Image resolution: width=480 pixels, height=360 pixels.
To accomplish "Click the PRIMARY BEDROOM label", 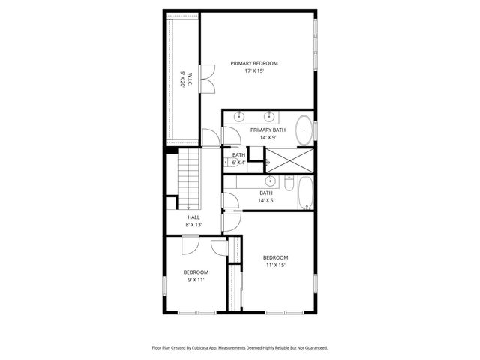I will tap(254, 63).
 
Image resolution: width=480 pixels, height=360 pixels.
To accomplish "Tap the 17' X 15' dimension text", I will tap(254, 71).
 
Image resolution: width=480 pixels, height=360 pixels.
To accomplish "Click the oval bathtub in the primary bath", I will tap(303, 130).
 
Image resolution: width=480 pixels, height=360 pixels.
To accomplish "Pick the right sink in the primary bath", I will tap(268, 116).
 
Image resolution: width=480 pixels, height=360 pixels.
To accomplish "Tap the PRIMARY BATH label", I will tap(268, 130).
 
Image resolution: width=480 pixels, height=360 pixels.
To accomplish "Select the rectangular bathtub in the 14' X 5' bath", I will tap(306, 193).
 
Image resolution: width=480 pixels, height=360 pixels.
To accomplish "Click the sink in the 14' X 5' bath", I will tap(269, 181).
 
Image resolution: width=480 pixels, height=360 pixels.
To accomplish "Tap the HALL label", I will tap(193, 217).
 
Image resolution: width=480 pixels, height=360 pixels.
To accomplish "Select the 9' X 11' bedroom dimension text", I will tap(196, 280).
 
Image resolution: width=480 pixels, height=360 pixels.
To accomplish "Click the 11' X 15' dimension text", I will tap(275, 265).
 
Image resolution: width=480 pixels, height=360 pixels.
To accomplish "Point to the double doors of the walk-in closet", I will tap(207, 77).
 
